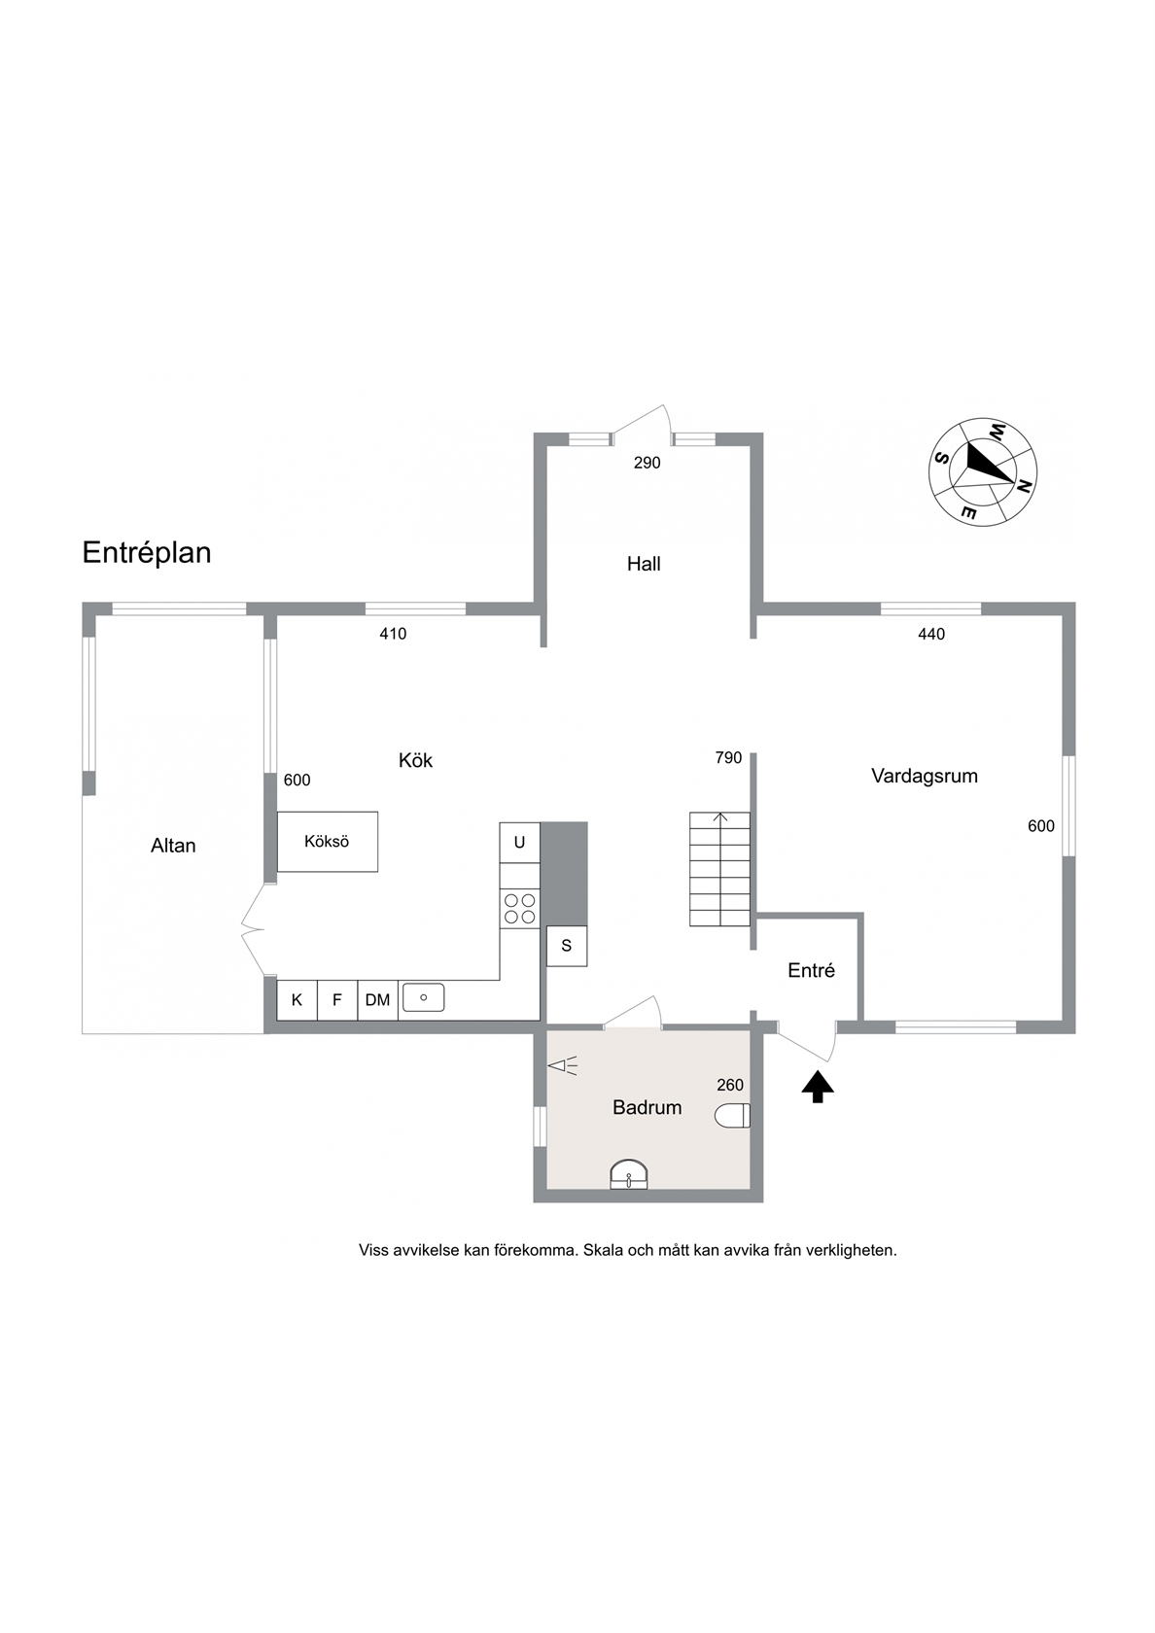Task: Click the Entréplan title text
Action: tap(147, 553)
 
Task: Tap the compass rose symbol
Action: tap(982, 471)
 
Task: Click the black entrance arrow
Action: tap(818, 1087)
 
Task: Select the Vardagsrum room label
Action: tap(924, 776)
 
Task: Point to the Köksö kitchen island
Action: tap(328, 842)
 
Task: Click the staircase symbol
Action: tap(719, 869)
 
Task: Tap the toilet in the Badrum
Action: tap(732, 1116)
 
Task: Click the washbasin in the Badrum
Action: tap(629, 1175)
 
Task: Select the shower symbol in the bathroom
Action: tap(562, 1066)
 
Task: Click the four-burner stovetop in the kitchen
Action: tap(520, 908)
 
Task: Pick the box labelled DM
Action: tap(377, 1000)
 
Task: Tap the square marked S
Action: tap(567, 947)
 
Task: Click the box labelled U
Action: tap(520, 843)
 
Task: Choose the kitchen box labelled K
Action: tap(297, 1000)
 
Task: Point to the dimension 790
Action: tap(728, 758)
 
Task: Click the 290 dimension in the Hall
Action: tap(647, 463)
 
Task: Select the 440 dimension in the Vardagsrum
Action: tap(931, 634)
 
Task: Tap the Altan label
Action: tap(173, 846)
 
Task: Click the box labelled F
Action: tap(337, 1000)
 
